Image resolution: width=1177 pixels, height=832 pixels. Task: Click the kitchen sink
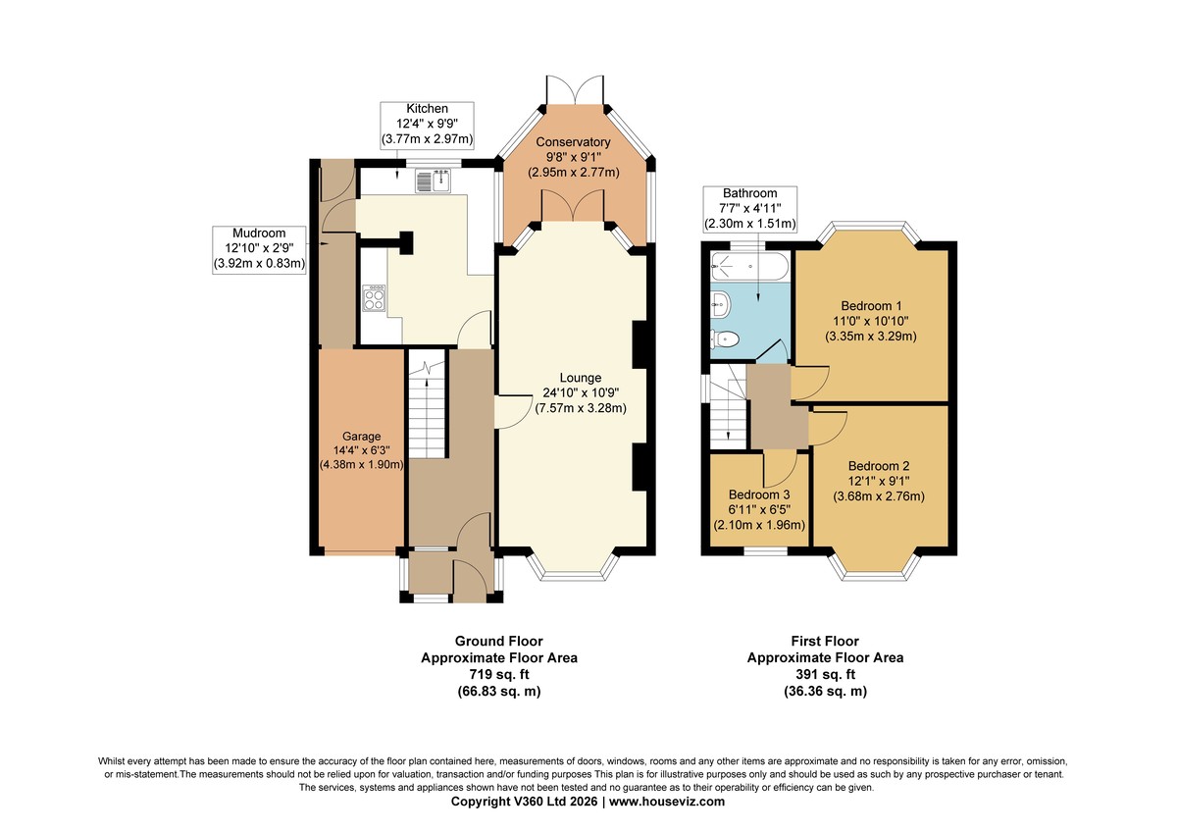pos(433,181)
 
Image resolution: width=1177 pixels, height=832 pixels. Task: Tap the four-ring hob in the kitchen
pos(374,298)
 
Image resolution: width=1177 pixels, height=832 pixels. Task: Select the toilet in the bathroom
pos(725,339)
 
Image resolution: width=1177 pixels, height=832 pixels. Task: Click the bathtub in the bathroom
pos(749,267)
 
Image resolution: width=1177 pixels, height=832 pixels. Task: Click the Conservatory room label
pos(573,142)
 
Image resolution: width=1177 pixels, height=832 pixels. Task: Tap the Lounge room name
pos(581,378)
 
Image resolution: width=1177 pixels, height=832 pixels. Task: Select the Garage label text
pos(362,437)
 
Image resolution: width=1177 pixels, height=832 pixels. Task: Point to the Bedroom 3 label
pos(759,494)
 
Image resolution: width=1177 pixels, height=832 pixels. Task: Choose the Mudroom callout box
pos(259,249)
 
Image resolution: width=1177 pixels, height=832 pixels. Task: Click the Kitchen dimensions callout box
pos(428,125)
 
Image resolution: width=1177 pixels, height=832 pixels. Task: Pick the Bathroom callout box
pos(749,209)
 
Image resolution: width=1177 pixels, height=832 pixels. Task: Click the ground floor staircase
pos(428,403)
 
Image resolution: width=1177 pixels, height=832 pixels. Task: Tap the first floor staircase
pos(728,407)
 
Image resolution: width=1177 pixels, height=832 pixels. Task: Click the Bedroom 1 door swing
pos(810,384)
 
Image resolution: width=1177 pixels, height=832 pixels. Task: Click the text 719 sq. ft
pos(499,674)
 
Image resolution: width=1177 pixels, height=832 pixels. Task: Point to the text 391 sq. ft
pos(826,674)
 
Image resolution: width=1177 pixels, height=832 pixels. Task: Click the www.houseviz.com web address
pos(667,802)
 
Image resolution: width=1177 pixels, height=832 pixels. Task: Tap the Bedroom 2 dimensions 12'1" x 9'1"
pos(879,481)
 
